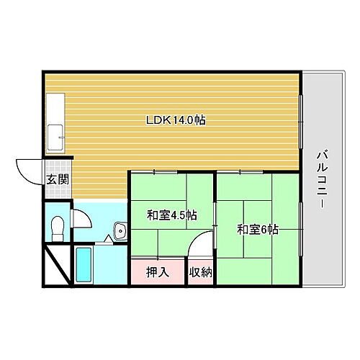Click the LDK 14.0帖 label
coord(176,121)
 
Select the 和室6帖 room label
coord(257,230)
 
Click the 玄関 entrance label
coord(58,180)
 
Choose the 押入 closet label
coord(158,272)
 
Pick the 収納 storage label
coord(201,272)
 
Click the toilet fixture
coord(58,227)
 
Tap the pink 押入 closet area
coord(158,272)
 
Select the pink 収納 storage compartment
coord(201,272)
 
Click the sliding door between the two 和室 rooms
coord(215,230)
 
